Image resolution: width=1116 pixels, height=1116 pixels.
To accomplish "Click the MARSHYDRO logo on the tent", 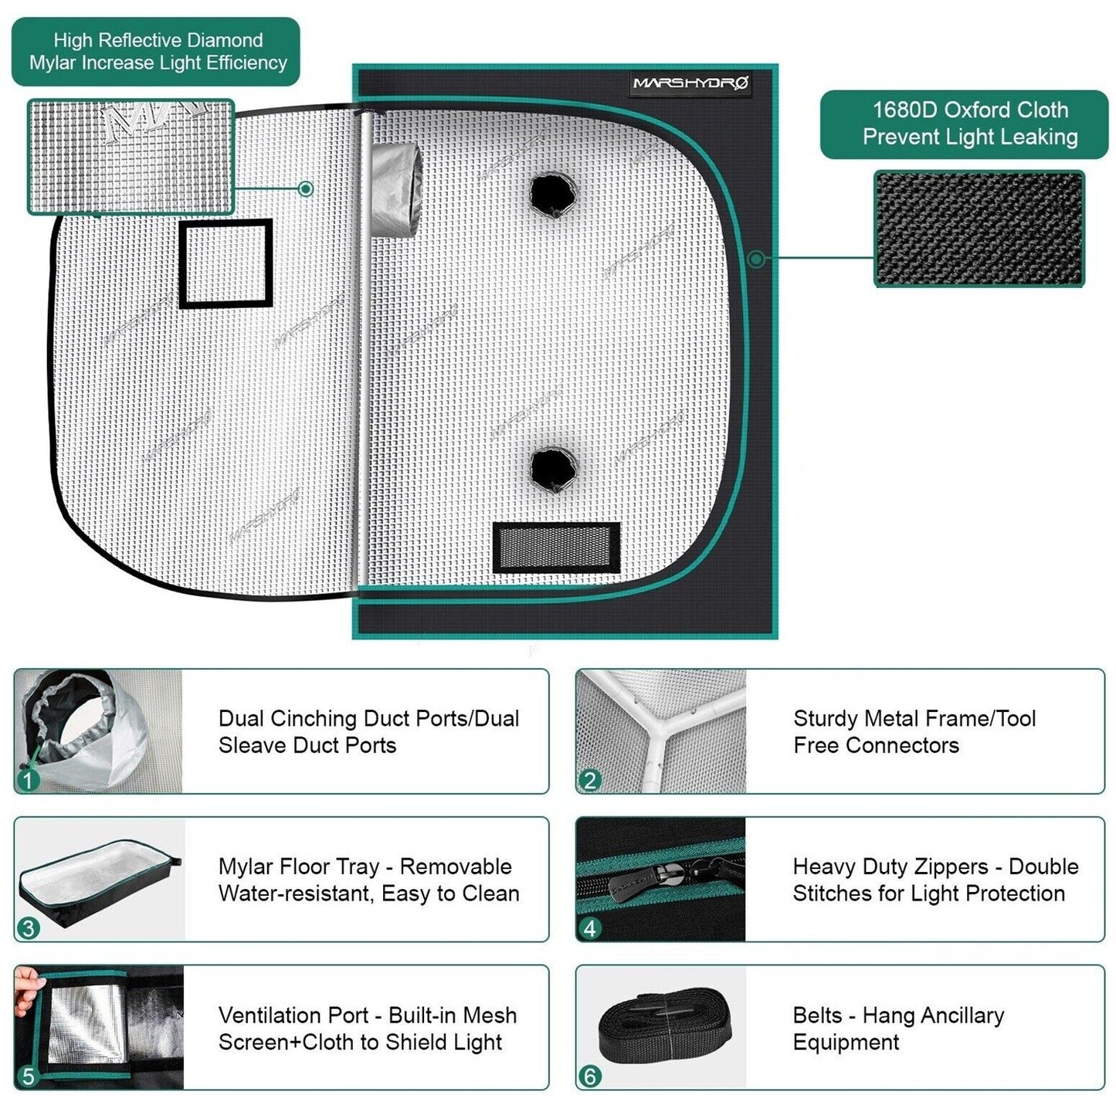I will coord(690,83).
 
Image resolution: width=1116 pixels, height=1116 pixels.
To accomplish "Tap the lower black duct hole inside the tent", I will coord(554,467).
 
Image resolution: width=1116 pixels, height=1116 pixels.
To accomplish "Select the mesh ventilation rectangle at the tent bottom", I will coord(556,547).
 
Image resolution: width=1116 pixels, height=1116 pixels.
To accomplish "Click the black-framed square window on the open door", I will coord(226,263).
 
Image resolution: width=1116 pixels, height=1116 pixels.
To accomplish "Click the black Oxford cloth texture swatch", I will coord(979,229).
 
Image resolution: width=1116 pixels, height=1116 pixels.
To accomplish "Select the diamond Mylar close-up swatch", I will coord(131,156).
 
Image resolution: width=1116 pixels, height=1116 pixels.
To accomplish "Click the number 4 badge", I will coord(590,928).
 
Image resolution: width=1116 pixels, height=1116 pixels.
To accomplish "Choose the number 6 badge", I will coord(590,1076).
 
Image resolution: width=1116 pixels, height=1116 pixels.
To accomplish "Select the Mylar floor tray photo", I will coord(99,880).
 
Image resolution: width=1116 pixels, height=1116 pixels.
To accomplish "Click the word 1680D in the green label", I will coord(904,110).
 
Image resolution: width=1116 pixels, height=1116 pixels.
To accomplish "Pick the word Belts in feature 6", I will coord(817,1015).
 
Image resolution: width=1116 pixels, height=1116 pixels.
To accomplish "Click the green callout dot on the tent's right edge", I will coord(756,259).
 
